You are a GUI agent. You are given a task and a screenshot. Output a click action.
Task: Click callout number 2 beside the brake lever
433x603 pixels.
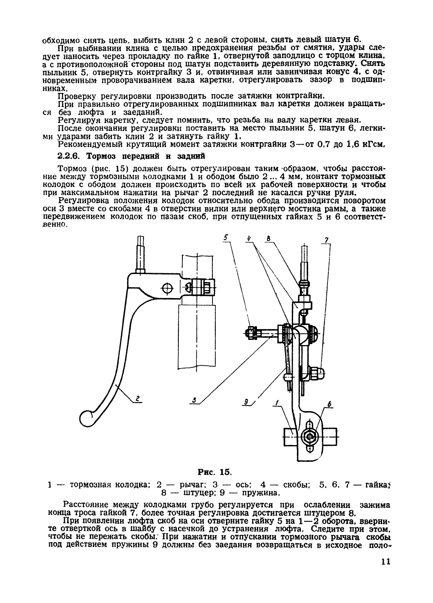138,399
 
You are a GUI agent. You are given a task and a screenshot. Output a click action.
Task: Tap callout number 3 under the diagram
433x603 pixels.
194,399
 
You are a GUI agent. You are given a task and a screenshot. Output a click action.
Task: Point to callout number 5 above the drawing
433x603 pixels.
226,238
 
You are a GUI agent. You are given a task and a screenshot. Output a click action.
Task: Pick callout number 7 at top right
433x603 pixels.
326,240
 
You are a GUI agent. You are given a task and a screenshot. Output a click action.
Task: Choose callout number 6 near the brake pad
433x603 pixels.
330,405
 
